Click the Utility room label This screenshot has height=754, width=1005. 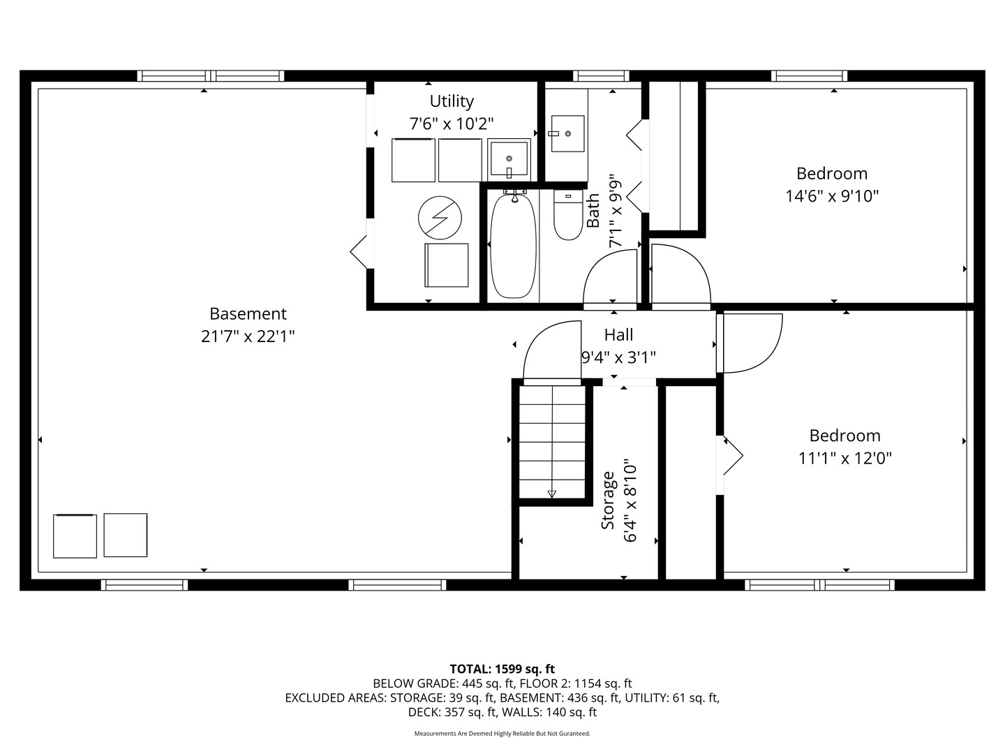pyautogui.click(x=452, y=101)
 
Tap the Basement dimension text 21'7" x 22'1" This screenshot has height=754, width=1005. pyautogui.click(x=248, y=337)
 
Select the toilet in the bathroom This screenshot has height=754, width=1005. pyautogui.click(x=567, y=215)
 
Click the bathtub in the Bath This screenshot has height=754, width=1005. pyautogui.click(x=513, y=246)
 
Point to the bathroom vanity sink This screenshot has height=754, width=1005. pyautogui.click(x=567, y=133)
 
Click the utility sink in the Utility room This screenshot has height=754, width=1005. pyautogui.click(x=509, y=159)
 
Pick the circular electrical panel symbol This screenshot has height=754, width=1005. pyautogui.click(x=440, y=217)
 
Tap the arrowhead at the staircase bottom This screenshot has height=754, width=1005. pyautogui.click(x=552, y=494)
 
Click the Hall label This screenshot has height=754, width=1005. pyautogui.click(x=618, y=334)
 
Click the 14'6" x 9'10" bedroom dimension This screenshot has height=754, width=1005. pyautogui.click(x=832, y=196)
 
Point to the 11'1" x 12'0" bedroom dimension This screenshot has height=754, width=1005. pyautogui.click(x=844, y=458)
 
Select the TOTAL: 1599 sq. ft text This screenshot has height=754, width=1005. pyautogui.click(x=502, y=669)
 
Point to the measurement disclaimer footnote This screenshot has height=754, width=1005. pyautogui.click(x=502, y=733)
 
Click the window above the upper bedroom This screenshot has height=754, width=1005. pyautogui.click(x=809, y=76)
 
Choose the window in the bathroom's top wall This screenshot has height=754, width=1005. pyautogui.click(x=601, y=76)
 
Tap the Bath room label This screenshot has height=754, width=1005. pyautogui.click(x=593, y=210)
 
